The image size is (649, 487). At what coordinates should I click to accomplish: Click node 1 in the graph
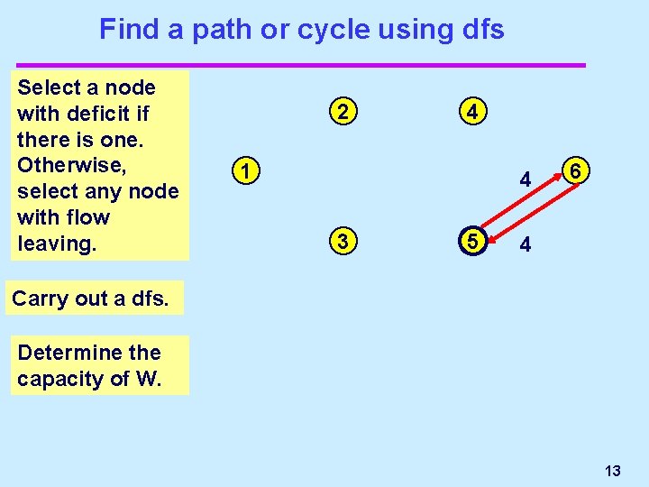click(x=243, y=170)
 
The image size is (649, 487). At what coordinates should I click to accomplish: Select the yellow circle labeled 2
click(x=341, y=113)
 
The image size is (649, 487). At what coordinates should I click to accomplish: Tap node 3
click(x=341, y=242)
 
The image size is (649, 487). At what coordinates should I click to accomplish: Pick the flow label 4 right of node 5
click(x=526, y=245)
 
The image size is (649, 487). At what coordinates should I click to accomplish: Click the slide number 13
click(x=613, y=471)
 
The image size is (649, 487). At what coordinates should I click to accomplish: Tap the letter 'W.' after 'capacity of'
click(x=148, y=379)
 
